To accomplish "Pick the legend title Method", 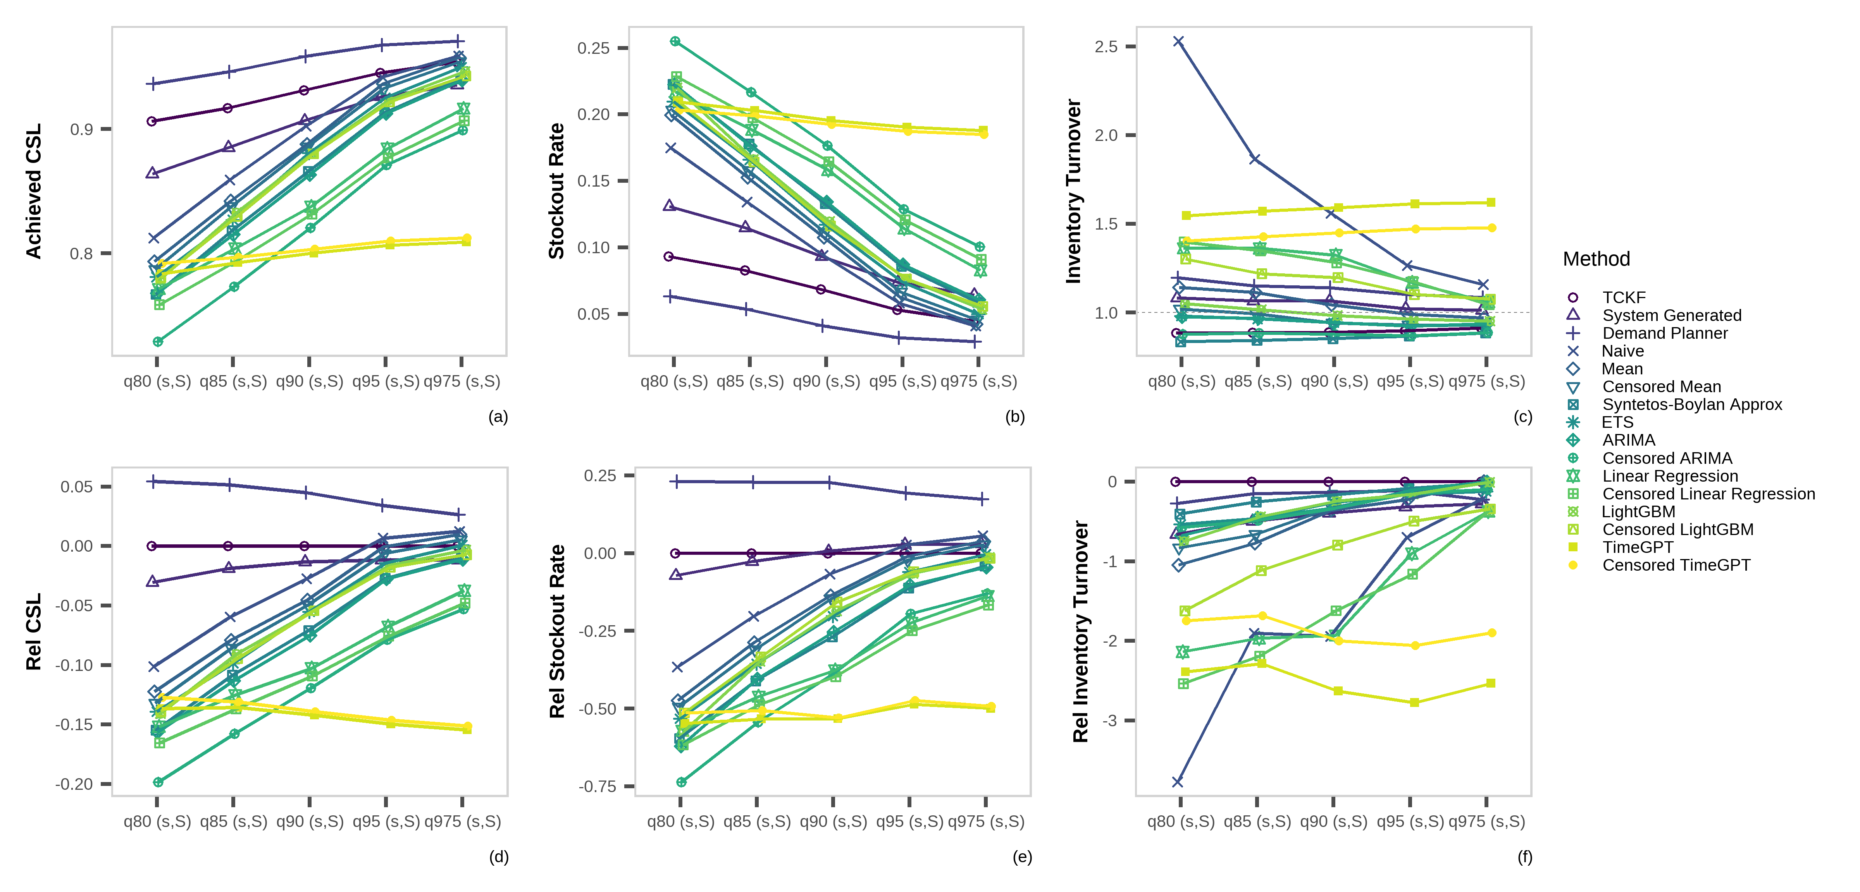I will [1596, 259].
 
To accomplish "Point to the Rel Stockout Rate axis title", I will [557, 631].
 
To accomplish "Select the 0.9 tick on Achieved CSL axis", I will [82, 129].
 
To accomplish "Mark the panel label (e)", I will [1022, 857].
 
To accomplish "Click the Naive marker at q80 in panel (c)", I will [1178, 42].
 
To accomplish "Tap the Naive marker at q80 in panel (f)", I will [1178, 782].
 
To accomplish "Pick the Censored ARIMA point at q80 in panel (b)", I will [675, 41].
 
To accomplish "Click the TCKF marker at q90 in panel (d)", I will [305, 546].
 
